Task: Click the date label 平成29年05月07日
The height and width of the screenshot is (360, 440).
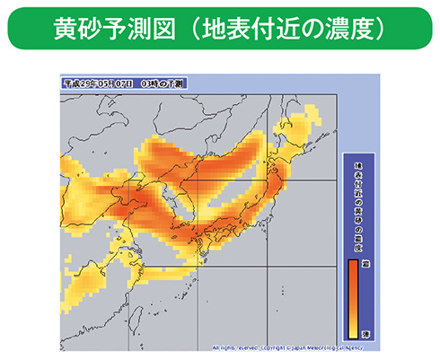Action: (99, 83)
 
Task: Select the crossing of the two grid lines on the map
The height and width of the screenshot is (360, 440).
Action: (198, 181)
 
